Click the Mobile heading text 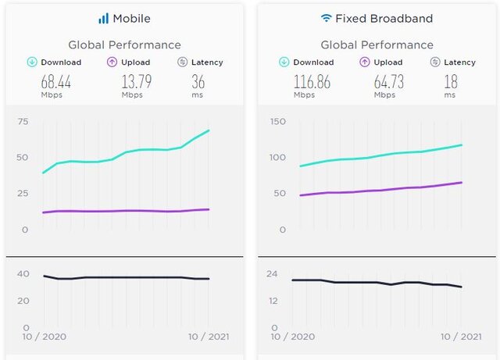(x=131, y=18)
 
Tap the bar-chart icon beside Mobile (x=103, y=18)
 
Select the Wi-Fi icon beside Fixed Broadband (x=326, y=18)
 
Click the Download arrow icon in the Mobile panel (x=32, y=62)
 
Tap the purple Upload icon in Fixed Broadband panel (x=365, y=62)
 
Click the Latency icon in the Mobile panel (x=182, y=62)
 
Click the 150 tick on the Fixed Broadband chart (x=277, y=121)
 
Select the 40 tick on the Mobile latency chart (x=23, y=273)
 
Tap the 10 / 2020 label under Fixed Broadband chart (x=292, y=337)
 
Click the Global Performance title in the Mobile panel (x=124, y=45)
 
